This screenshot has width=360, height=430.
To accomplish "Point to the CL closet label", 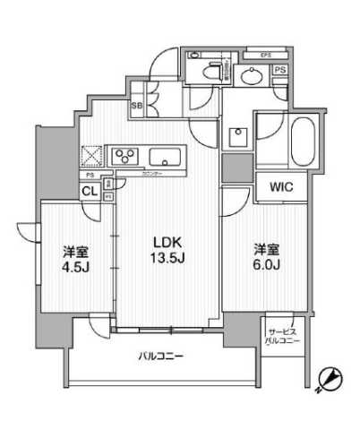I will click(x=90, y=191).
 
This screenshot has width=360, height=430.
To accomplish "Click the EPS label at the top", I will click(x=266, y=56).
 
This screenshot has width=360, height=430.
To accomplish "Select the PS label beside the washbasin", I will click(x=280, y=71).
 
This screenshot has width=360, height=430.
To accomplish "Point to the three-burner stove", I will click(x=124, y=158).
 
